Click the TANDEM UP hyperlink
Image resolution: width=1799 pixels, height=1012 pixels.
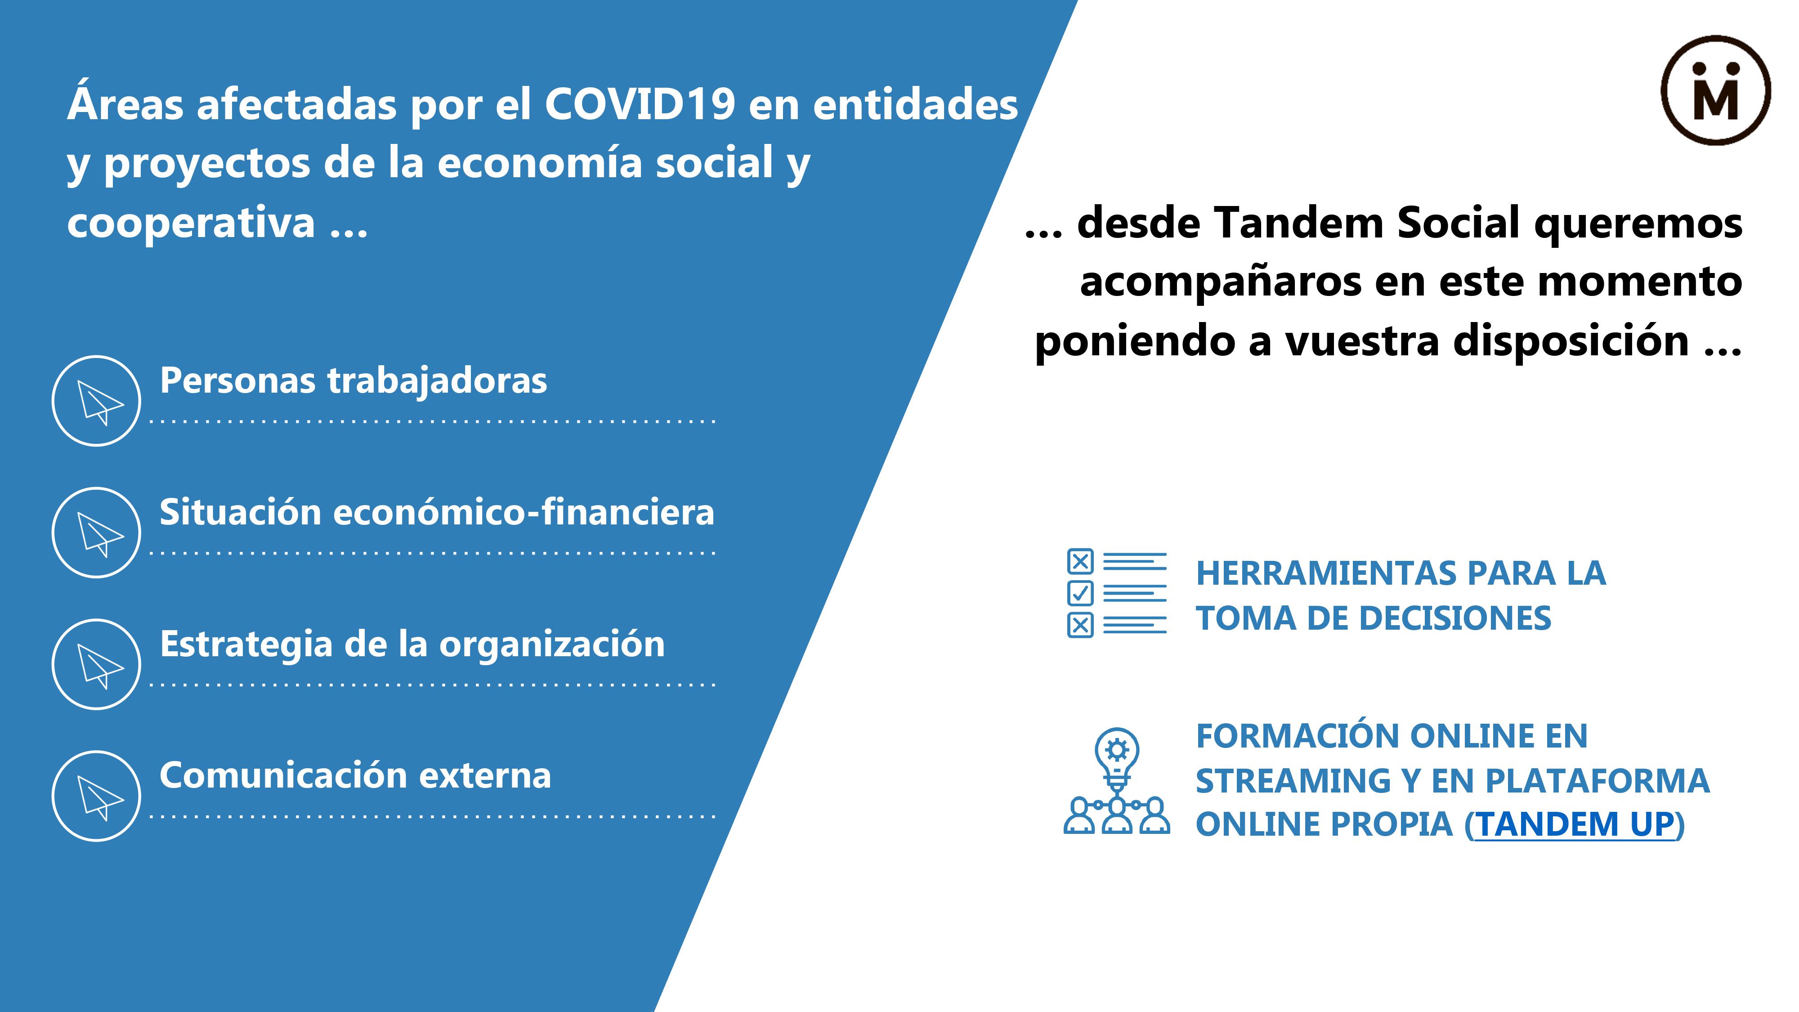coord(1575,825)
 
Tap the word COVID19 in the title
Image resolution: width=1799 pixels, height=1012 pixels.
coord(640,105)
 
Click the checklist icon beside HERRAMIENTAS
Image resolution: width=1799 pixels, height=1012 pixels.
coord(1116,593)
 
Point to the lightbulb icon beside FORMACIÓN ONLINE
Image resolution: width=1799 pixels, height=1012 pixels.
coord(1117,780)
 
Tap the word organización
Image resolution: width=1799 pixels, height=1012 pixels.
coord(552,645)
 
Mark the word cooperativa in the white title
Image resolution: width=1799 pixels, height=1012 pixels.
coord(191,224)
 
